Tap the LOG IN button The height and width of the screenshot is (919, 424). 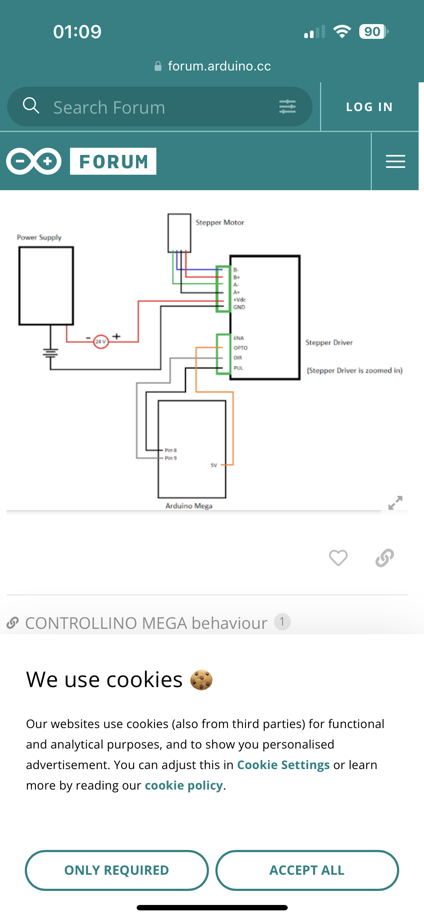369,107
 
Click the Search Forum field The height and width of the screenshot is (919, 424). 158,107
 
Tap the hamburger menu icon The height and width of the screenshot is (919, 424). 395,161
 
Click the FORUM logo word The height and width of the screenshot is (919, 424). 113,161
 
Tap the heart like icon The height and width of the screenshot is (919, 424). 338,558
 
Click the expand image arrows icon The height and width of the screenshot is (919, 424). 395,503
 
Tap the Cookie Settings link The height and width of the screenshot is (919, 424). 283,765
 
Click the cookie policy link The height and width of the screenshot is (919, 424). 184,785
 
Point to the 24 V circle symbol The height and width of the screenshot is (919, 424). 100,342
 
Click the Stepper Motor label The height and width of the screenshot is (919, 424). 220,223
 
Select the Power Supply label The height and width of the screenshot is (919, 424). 39,237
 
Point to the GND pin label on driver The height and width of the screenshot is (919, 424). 239,307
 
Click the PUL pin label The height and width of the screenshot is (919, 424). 238,368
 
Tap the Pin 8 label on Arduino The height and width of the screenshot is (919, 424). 170,450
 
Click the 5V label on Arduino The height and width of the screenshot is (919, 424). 214,465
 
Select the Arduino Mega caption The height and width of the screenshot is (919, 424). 189,506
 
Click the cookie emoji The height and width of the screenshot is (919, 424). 201,680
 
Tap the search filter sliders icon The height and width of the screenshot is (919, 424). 287,107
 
